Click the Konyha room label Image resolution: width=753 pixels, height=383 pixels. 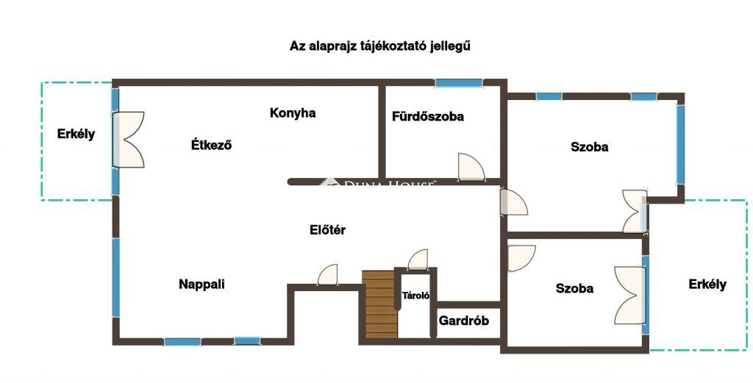293,112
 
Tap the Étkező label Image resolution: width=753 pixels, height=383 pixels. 211,145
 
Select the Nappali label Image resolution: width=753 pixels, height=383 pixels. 201,284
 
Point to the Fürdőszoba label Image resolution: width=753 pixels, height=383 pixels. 428,116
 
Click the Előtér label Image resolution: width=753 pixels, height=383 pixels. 327,230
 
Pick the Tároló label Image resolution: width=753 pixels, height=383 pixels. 416,296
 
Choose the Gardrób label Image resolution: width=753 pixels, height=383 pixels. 464,321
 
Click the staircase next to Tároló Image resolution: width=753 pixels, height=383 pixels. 380,304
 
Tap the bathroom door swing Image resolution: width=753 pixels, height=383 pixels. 471,167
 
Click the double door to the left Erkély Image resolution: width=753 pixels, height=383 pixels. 128,140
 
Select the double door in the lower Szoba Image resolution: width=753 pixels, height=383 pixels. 629,296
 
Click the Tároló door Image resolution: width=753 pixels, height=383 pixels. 418,259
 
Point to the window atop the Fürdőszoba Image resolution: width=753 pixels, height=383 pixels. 459,83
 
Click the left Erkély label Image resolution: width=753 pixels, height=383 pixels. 76,134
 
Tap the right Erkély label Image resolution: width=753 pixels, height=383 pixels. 707,284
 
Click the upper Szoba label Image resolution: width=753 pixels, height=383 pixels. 589,147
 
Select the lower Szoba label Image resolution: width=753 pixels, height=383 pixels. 574,288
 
